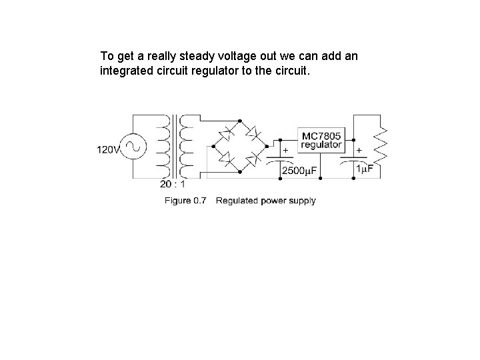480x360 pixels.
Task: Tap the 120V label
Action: click(x=109, y=150)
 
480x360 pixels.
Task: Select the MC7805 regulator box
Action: click(x=321, y=140)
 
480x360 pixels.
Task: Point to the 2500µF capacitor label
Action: click(x=300, y=171)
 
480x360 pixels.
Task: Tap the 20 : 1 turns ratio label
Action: click(x=173, y=185)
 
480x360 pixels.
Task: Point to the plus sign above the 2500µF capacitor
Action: click(x=286, y=151)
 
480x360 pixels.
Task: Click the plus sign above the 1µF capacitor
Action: click(x=359, y=151)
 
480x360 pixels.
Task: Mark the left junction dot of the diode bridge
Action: click(x=213, y=146)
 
